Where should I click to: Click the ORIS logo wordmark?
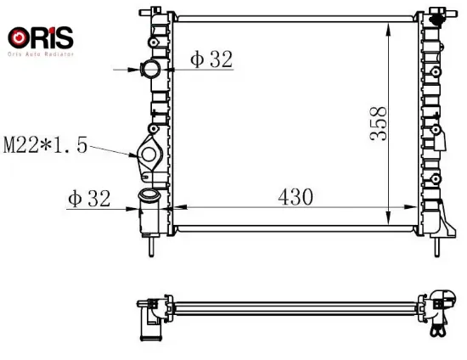(41, 37)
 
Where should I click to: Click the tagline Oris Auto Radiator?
(41, 54)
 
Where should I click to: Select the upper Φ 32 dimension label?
(211, 59)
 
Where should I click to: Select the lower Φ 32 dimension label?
(89, 199)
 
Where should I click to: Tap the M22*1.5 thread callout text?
(45, 145)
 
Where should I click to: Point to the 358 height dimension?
(378, 123)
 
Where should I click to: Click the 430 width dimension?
(295, 197)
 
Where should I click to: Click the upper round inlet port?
(150, 69)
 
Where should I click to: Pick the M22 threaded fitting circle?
(149, 154)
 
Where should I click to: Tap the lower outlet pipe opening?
(149, 194)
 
